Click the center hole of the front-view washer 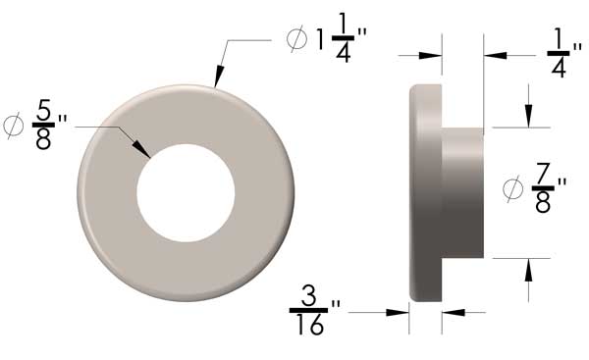pyautogui.click(x=186, y=191)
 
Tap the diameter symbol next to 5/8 pyautogui.click(x=14, y=125)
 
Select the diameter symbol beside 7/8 pyautogui.click(x=512, y=186)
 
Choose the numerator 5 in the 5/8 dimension pyautogui.click(x=42, y=110)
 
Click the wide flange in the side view pyautogui.click(x=424, y=192)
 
